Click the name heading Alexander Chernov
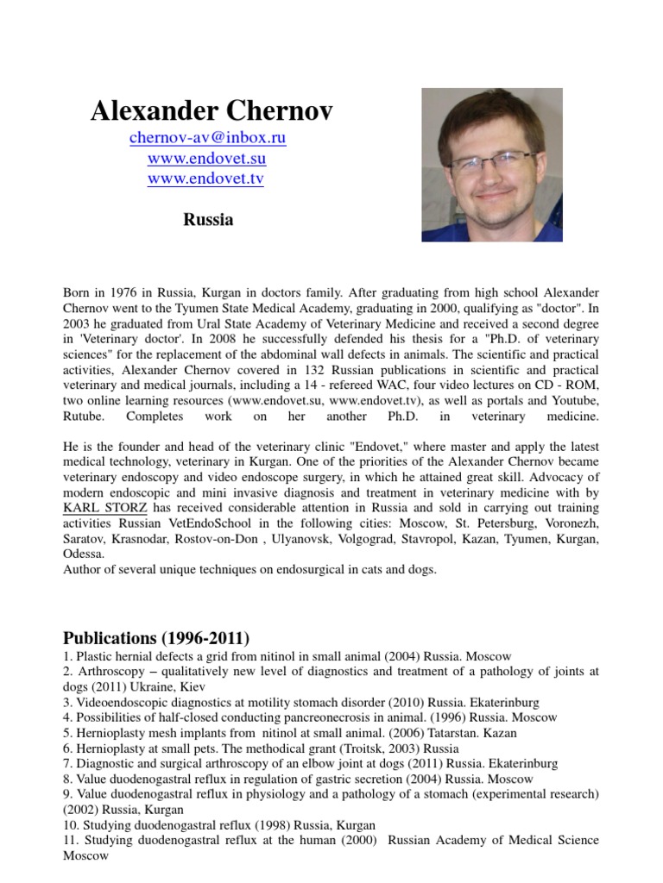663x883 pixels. (212, 110)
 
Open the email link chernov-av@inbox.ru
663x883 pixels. (207, 138)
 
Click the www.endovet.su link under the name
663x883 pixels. (206, 159)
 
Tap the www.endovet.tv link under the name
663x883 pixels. (206, 179)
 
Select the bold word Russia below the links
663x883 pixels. (208, 220)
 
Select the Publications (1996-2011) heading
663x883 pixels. (156, 639)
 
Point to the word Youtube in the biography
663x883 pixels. (575, 402)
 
